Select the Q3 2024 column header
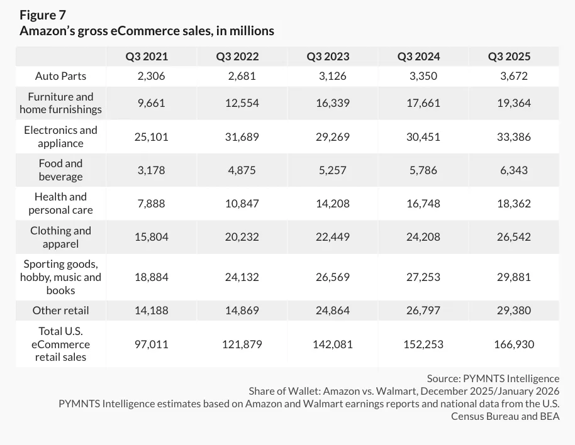click(x=418, y=57)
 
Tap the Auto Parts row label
click(x=61, y=76)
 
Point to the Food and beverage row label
click(x=61, y=170)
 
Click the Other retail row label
click(x=61, y=310)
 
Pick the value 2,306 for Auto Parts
click(x=151, y=76)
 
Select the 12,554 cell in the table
click(x=242, y=103)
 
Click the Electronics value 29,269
click(x=332, y=136)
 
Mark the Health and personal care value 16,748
click(x=423, y=204)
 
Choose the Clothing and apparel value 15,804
click(x=151, y=237)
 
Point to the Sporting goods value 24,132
click(x=242, y=277)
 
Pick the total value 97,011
click(x=151, y=344)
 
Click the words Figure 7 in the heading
click(x=43, y=14)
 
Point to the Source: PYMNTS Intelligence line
click(x=493, y=378)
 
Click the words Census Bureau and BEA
click(x=505, y=416)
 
